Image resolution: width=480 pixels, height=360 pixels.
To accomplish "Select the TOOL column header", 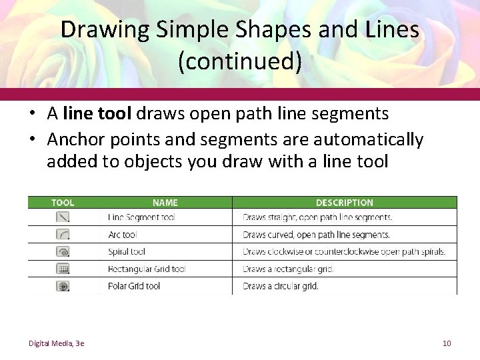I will point(63,203).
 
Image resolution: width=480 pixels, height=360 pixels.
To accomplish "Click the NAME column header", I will point(165,203).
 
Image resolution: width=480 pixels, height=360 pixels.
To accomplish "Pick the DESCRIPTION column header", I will point(344,203).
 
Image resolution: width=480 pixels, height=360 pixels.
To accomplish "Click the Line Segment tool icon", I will point(63,217).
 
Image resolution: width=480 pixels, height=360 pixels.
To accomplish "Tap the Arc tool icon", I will point(63,235).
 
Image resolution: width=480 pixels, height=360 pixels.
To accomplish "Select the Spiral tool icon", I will point(63,252).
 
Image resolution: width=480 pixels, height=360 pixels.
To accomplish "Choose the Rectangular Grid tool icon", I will point(63,269).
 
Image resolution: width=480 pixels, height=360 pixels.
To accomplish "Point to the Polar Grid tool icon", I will point(63,287).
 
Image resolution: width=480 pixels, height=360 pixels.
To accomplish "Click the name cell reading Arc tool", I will point(122,235).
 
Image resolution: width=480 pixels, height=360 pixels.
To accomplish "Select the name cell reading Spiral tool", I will point(127,252).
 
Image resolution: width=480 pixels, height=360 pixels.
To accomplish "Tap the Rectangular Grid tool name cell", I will point(146,269).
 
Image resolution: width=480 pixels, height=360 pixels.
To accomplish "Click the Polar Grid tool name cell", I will point(134,287).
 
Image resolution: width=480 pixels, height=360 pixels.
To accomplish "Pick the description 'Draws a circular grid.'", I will point(281,287).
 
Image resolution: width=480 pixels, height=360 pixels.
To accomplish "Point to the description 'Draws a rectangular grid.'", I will point(288,269).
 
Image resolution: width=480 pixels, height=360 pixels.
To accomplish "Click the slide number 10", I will point(447,343).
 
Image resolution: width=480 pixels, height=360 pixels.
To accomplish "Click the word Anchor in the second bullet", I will point(74,139).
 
